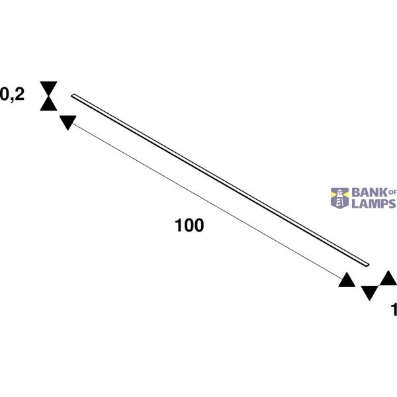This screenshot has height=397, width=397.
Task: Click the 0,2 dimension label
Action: coord(12,95)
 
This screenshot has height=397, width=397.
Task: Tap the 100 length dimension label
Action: coord(189,225)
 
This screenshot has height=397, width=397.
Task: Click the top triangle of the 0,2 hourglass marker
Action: coord(48,88)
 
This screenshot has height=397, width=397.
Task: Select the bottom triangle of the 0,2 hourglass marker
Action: coord(48,105)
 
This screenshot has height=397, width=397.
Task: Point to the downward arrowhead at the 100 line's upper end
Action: coord(68,122)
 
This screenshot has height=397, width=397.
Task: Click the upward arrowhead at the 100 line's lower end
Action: coord(347,281)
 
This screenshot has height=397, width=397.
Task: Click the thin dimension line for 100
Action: coord(207,202)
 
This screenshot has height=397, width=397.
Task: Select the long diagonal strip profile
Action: coord(220,180)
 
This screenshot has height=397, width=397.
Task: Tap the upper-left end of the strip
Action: coord(73,96)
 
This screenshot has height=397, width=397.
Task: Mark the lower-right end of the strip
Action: coord(368,265)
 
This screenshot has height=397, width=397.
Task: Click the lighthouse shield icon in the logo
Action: coord(340,198)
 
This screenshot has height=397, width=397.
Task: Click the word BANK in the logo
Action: coord(370,193)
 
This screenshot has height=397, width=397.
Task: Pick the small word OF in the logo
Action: coord(392,193)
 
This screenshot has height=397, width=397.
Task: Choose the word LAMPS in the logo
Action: coord(374,204)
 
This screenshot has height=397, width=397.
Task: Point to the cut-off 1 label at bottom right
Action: coord(394,310)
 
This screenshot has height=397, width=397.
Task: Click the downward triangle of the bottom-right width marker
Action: coord(370,293)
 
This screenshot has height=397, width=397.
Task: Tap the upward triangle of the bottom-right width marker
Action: coord(388,278)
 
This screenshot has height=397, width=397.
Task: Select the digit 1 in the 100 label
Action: coord(179,225)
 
